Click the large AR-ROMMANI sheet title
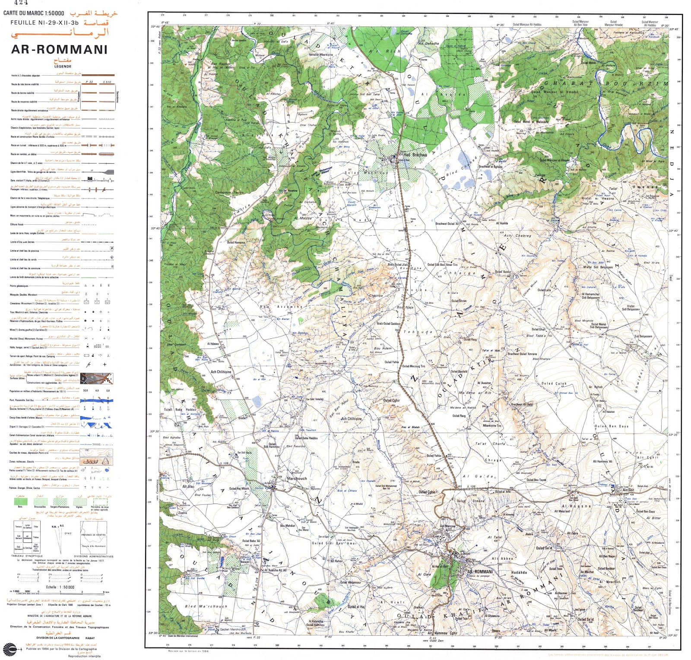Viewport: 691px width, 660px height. (59, 49)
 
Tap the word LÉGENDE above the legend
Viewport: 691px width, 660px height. (63, 67)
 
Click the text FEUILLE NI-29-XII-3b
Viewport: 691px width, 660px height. (44, 22)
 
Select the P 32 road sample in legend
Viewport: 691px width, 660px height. (90, 82)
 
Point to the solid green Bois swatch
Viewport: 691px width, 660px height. (20, 502)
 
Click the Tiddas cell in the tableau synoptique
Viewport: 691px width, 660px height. (36, 538)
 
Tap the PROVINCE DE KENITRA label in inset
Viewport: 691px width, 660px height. (94, 535)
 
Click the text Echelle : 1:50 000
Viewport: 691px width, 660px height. (60, 587)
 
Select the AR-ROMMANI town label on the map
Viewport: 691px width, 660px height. (480, 571)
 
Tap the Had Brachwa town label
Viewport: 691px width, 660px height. (415, 154)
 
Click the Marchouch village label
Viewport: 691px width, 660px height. (297, 478)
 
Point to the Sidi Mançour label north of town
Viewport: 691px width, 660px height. (447, 526)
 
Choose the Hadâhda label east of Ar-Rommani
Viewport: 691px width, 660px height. (519, 572)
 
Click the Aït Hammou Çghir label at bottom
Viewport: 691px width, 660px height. (442, 633)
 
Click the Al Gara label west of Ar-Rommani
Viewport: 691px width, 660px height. (424, 575)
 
